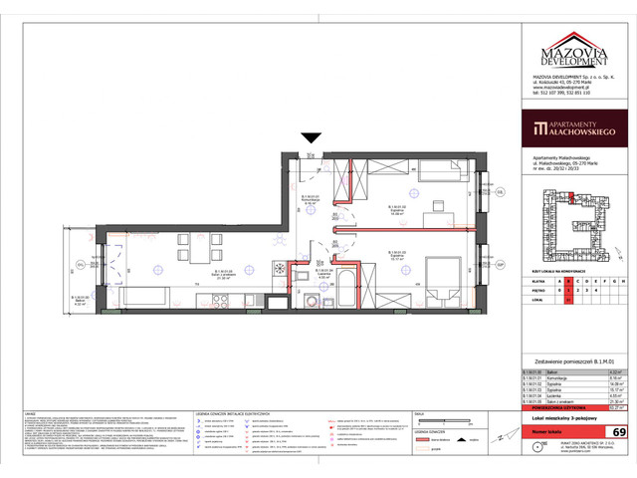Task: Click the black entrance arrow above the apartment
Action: (311, 138)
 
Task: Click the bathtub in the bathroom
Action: (334, 293)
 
